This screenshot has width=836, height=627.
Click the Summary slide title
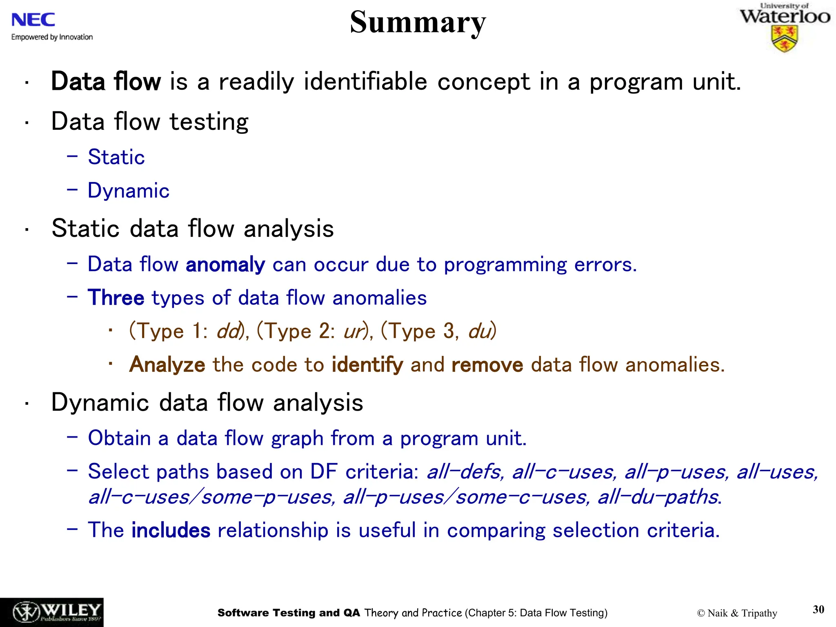[418, 22]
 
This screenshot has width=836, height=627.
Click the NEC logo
[33, 20]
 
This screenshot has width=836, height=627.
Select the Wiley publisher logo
[52, 612]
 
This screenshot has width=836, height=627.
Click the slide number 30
[818, 609]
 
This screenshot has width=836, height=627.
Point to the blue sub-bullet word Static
[116, 157]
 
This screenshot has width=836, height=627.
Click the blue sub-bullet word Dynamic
[129, 191]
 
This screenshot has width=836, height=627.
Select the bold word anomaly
[225, 265]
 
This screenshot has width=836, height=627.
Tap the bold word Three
[116, 298]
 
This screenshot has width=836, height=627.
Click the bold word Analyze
[167, 365]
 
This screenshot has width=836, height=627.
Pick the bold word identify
[367, 365]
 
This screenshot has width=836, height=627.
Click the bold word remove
[487, 365]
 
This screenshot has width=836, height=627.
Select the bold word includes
[171, 530]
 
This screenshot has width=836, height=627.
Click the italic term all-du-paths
[658, 497]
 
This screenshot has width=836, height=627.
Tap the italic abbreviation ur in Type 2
[353, 331]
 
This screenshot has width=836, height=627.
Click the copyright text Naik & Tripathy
[737, 613]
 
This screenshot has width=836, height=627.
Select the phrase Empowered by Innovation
[52, 37]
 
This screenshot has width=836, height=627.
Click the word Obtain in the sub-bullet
[119, 438]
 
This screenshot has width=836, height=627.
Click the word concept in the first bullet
[483, 82]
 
